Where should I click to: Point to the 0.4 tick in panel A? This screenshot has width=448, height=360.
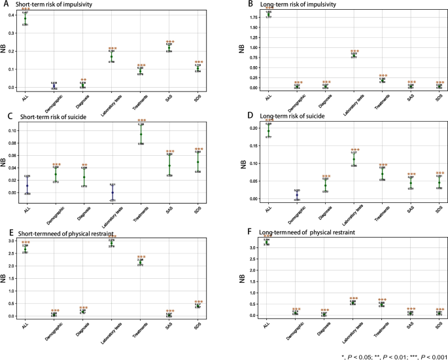point(14,15)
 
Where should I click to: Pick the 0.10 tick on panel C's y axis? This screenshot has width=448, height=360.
point(13,130)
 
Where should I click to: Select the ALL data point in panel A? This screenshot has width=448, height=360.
point(26,18)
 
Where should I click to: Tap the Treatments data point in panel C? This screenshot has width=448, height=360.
point(141,134)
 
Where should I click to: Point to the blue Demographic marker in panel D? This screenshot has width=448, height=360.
point(296,194)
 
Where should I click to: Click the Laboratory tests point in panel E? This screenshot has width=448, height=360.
point(112,243)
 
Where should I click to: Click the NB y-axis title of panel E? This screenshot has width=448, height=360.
point(4,276)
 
